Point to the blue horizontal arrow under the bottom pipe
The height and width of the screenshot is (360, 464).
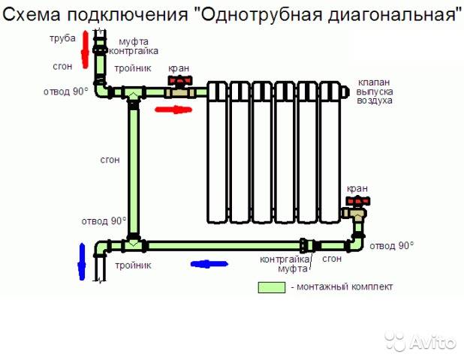point(209,263)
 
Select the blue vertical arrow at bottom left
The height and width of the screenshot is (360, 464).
point(82,259)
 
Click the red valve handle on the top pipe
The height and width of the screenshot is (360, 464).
point(178,79)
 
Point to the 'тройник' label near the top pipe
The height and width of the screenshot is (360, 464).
point(133,68)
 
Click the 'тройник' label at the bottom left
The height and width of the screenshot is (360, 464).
point(133,265)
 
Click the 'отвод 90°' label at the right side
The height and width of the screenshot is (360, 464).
point(393,245)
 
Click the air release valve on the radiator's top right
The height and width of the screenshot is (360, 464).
point(345,91)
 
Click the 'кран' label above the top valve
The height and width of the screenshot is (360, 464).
point(179,67)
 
